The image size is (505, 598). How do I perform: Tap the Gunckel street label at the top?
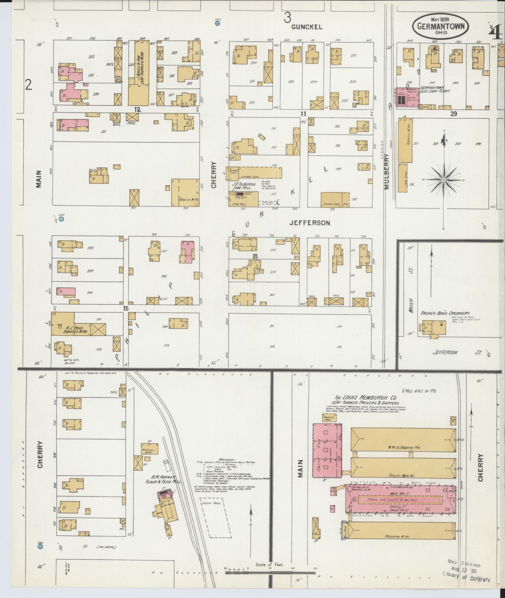(x=307, y=27)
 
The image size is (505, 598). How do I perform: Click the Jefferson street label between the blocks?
(x=309, y=223)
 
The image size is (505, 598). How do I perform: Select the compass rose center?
(x=444, y=180)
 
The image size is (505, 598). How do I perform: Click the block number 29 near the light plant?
(x=454, y=114)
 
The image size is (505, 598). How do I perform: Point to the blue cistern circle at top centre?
(x=218, y=23)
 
